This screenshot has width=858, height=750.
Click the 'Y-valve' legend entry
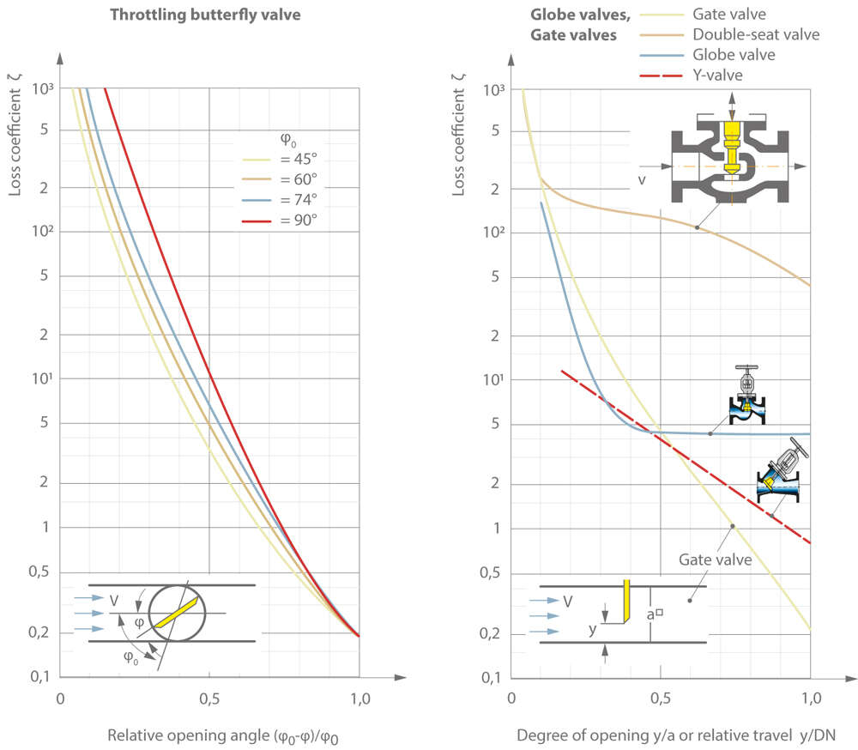coord(715,76)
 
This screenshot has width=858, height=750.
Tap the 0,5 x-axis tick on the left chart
coord(209,700)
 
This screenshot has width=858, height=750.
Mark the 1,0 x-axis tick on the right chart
coord(810,700)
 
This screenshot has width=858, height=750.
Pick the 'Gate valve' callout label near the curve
coord(715,559)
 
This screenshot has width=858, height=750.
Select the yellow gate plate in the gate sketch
coord(627,601)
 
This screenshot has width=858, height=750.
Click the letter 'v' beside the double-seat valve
coord(641,179)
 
